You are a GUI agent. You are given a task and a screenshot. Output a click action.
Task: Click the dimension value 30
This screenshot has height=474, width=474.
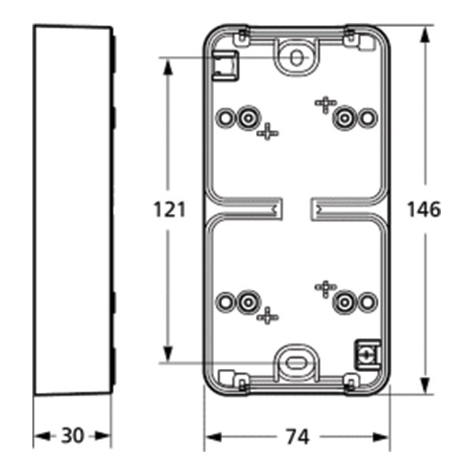73,436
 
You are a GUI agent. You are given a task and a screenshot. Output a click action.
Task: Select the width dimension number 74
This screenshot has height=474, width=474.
297,436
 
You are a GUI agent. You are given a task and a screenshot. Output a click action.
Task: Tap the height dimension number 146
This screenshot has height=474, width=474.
423,209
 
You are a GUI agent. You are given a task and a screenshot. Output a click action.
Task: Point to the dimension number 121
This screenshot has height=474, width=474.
169,209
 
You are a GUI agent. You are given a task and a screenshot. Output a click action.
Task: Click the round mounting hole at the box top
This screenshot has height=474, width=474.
296,58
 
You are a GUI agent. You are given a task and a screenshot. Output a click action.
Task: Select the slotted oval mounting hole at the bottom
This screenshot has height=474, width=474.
296,361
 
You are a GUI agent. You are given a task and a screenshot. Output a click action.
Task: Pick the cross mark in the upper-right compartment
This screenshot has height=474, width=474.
325,103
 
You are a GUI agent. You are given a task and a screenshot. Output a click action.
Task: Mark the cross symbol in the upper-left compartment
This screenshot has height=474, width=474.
268,132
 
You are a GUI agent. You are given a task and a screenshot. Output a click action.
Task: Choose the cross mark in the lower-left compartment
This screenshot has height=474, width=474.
268,315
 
